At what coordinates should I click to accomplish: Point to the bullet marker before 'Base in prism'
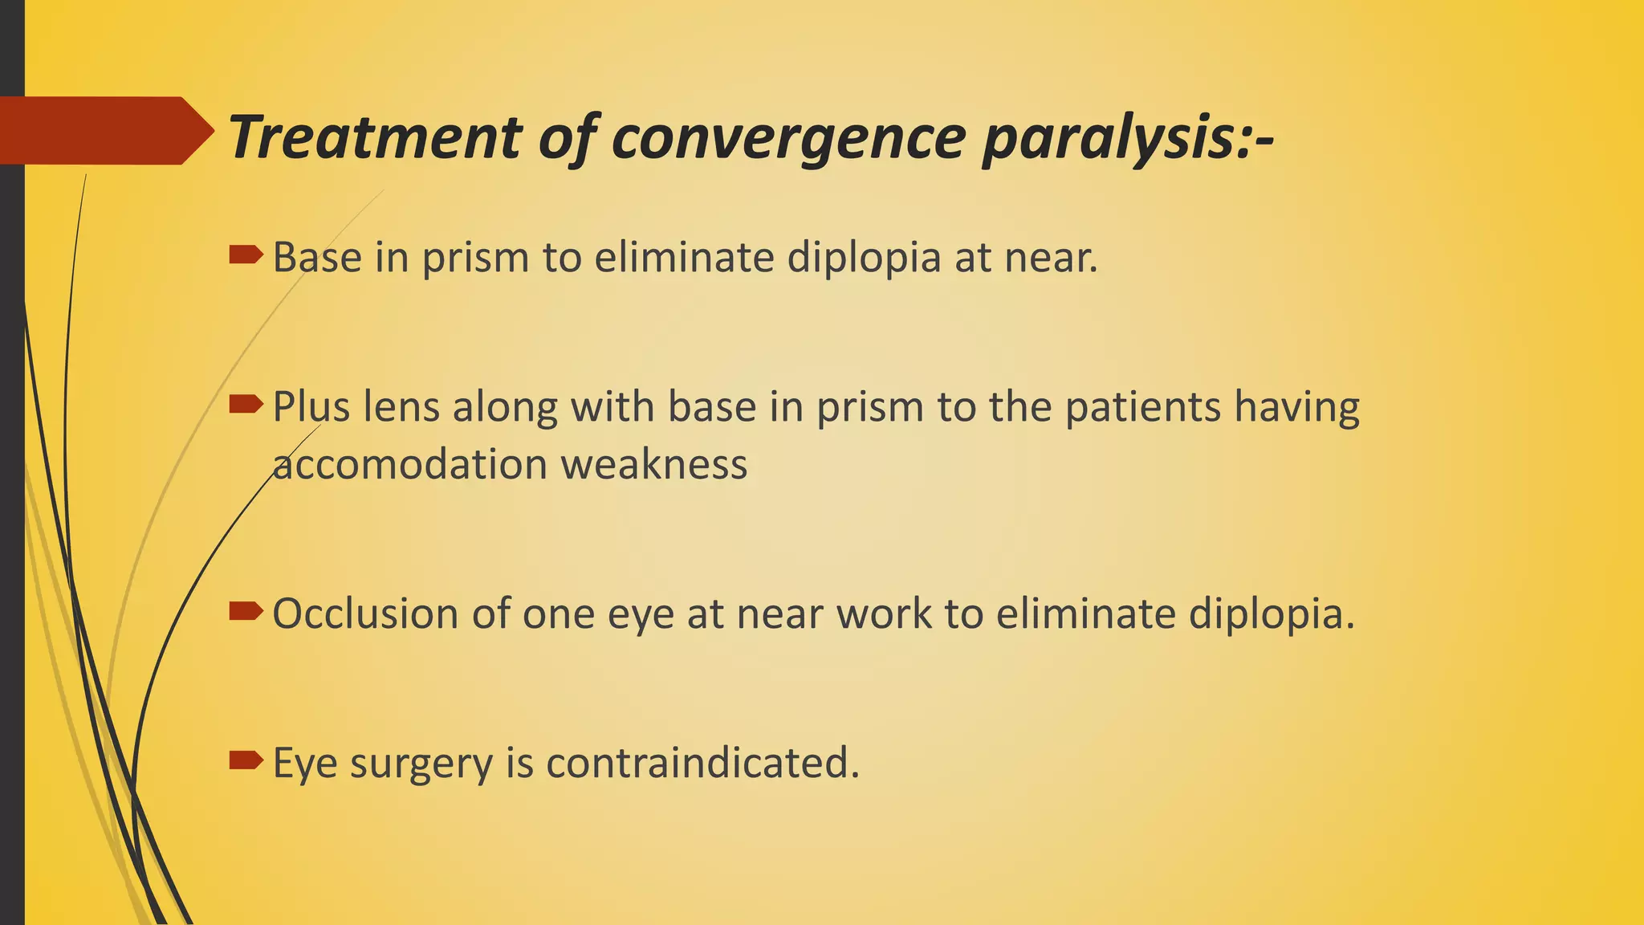(x=246, y=256)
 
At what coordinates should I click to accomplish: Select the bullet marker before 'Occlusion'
(x=246, y=613)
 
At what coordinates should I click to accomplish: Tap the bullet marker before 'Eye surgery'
(x=246, y=760)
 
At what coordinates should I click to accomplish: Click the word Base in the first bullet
(x=317, y=258)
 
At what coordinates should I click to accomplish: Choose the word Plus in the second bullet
(x=311, y=407)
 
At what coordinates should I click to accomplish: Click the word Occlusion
(x=365, y=614)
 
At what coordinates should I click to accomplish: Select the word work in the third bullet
(x=884, y=614)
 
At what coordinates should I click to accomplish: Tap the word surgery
(x=421, y=764)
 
